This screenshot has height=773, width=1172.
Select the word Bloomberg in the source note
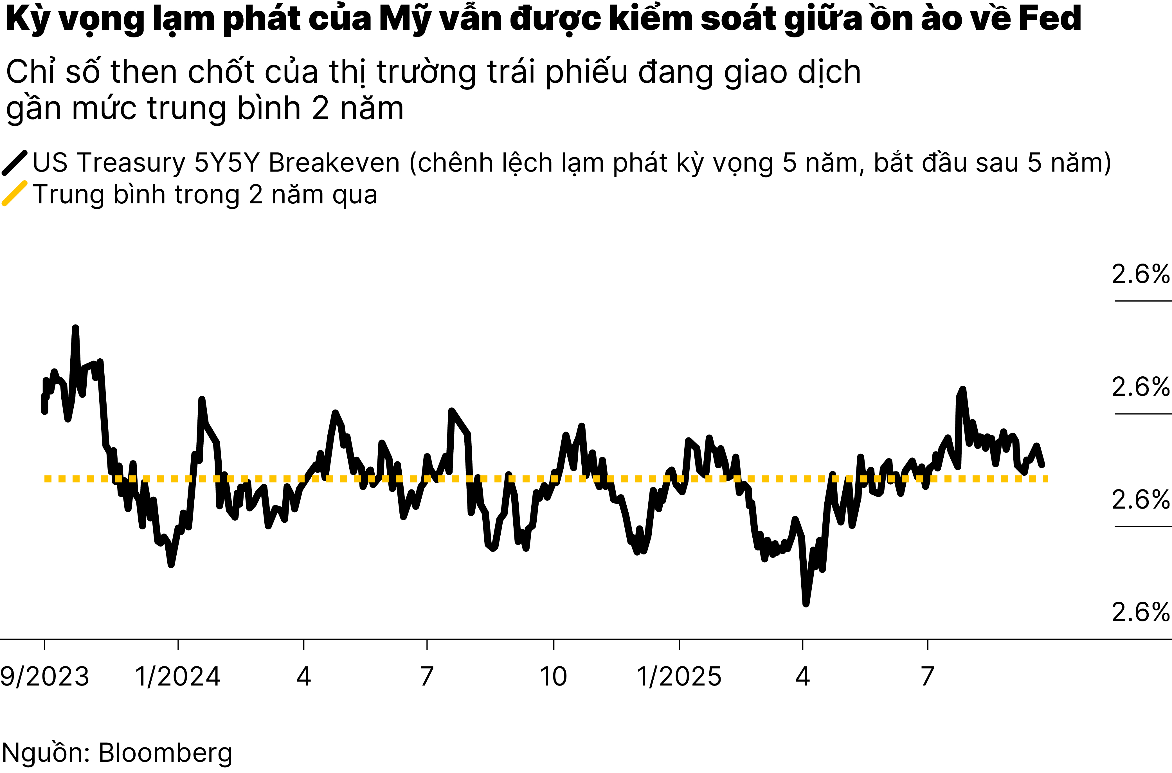coord(166,753)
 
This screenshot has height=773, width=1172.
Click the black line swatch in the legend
coord(15,163)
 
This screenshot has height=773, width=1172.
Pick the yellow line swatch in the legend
coord(15,193)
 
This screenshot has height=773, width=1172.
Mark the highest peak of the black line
coord(75,328)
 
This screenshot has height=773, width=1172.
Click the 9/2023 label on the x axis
coord(44,676)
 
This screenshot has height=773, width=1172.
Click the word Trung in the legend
coord(68,195)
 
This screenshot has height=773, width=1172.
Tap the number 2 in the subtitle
coord(320,109)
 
